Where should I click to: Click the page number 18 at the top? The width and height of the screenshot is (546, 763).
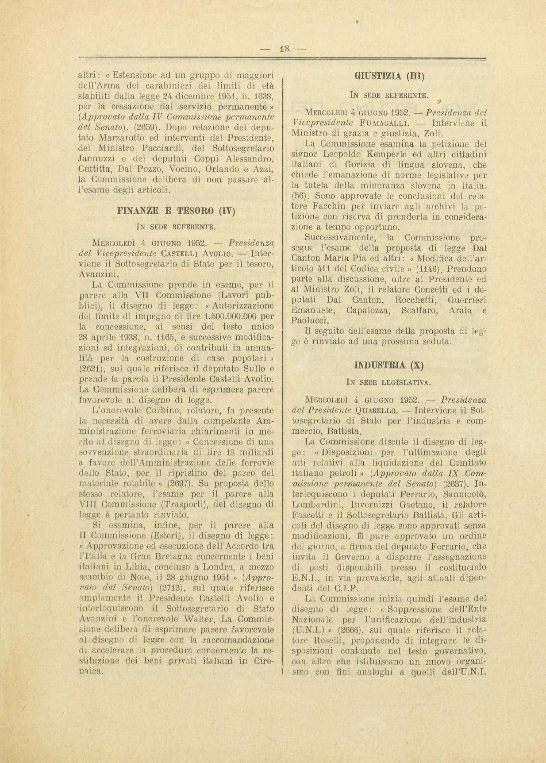point(284,49)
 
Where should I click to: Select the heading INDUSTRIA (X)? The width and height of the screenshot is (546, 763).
point(389,365)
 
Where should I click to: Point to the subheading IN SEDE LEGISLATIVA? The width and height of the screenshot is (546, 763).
point(389,382)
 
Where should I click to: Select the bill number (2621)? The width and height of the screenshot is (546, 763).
point(91,368)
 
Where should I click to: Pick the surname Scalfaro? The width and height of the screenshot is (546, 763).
point(419,311)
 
